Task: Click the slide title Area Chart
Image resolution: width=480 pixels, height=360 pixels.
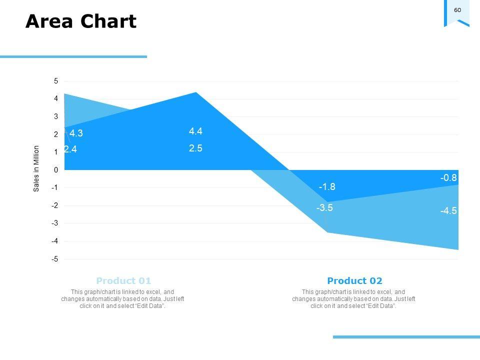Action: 80,22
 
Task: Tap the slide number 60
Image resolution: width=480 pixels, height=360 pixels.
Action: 457,10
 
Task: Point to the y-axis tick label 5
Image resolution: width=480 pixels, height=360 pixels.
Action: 56,81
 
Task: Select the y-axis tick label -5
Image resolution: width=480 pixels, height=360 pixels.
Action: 55,259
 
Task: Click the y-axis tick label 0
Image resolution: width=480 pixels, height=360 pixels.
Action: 56,170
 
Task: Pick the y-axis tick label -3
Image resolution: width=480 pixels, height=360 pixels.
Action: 55,223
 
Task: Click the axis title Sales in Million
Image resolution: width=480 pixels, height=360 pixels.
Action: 36,168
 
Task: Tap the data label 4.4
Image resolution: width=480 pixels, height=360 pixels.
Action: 195,131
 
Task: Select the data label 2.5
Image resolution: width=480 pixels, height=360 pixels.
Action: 195,148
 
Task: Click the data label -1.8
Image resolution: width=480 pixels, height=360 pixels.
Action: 327,187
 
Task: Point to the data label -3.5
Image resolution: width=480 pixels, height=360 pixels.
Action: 324,208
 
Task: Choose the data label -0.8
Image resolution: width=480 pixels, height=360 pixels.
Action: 448,178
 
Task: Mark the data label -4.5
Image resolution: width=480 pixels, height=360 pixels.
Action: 448,211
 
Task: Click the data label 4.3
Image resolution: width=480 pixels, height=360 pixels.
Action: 76,133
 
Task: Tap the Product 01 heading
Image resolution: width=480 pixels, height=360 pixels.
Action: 123,281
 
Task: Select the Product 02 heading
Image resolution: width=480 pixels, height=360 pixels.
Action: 354,281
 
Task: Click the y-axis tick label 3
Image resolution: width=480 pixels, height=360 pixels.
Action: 56,116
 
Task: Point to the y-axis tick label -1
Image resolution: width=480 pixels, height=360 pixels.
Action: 55,188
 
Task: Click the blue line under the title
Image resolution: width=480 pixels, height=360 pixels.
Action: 73,57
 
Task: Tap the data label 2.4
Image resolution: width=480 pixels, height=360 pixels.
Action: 70,149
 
